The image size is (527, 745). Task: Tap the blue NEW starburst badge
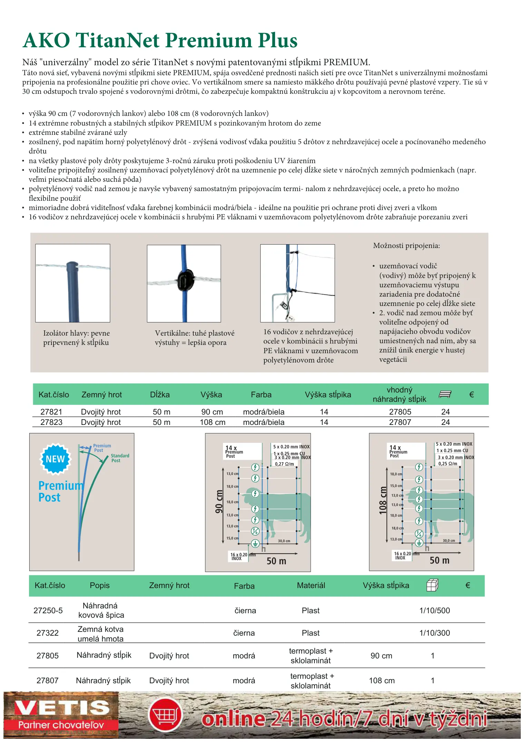click(x=55, y=459)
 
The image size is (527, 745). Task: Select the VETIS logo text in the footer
click(x=61, y=708)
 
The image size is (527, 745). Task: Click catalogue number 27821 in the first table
click(x=51, y=412)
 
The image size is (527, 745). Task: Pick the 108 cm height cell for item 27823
click(x=212, y=422)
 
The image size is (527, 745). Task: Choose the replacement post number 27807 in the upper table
click(x=400, y=422)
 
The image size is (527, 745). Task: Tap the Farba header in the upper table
click(x=261, y=395)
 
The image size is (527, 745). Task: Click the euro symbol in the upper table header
click(x=471, y=395)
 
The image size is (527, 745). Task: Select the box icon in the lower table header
click(x=432, y=585)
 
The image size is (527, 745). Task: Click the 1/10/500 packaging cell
click(x=435, y=610)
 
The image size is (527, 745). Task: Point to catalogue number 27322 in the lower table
click(x=48, y=633)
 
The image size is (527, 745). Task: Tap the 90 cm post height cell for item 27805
click(x=381, y=656)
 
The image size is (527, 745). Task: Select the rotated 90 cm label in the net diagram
click(x=219, y=501)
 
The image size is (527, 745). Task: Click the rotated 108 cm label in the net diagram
click(x=383, y=500)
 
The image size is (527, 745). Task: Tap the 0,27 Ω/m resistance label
click(x=284, y=464)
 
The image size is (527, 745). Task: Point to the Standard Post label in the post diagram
click(x=120, y=458)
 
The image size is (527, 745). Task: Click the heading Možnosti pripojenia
click(x=406, y=246)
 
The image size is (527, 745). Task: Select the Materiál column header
click(x=311, y=585)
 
